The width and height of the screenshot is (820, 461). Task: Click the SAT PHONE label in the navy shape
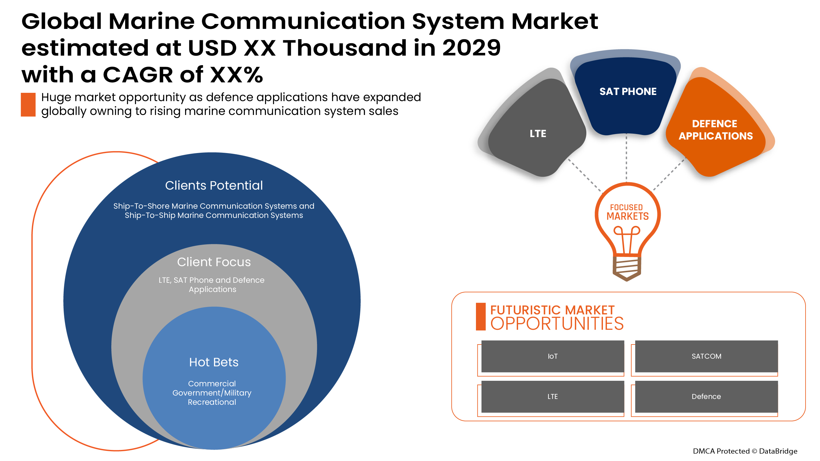pos(628,92)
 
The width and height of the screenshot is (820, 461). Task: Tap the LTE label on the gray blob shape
pos(538,134)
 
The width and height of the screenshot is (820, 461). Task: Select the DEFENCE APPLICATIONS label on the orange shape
pos(715,130)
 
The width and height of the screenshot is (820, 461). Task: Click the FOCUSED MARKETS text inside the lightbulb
pos(627,212)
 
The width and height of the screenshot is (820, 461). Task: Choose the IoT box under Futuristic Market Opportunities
pos(552,356)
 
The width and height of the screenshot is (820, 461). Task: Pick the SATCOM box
pos(706,356)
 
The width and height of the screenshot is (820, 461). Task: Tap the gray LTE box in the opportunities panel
pos(552,396)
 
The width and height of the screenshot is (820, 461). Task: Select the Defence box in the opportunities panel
pos(706,396)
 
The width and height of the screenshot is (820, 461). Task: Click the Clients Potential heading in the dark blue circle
pos(214,186)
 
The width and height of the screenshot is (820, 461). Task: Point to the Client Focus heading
pos(214,262)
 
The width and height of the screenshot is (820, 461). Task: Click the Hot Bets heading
pos(214,362)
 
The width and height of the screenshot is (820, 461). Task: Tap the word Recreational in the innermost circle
pos(212,402)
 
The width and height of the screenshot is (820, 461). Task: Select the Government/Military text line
pos(212,393)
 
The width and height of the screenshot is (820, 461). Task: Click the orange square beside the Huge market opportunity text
pos(28,105)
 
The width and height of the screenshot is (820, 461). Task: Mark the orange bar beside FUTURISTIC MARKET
pos(480,317)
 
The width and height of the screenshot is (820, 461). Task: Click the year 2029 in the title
pos(471,48)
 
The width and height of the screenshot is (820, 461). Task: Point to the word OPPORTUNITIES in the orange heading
pos(557,324)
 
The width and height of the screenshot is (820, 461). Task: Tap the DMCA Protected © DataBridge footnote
pos(745,451)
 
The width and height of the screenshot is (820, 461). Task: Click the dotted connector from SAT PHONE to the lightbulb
pos(627,157)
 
